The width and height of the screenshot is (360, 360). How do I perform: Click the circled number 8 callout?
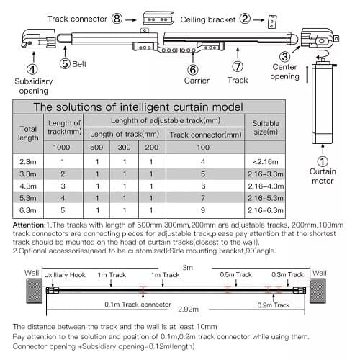(x=117, y=19)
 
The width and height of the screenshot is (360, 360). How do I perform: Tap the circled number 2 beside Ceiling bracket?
(x=245, y=19)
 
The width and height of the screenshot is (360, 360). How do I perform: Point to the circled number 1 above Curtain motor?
(x=323, y=161)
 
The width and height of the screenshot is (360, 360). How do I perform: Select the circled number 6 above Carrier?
(x=193, y=70)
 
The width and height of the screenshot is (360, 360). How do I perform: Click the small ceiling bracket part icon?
(x=272, y=22)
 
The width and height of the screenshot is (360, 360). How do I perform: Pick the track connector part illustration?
(x=158, y=18)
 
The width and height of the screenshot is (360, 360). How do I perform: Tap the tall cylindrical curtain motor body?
(x=323, y=103)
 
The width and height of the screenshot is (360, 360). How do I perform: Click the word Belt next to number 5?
(x=79, y=64)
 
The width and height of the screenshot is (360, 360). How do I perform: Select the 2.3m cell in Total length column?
(x=28, y=162)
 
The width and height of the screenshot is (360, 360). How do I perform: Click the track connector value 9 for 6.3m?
(x=203, y=210)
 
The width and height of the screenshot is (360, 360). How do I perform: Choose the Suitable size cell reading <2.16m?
(x=266, y=162)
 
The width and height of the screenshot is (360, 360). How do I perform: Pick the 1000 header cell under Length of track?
(x=61, y=147)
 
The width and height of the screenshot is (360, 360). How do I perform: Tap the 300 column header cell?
(x=124, y=147)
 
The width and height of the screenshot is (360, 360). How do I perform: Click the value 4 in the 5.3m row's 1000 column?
(x=63, y=198)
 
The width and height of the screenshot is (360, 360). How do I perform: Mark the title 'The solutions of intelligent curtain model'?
(x=138, y=107)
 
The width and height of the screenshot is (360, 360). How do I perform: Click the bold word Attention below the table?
(x=29, y=225)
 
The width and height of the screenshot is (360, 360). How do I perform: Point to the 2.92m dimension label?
(x=188, y=310)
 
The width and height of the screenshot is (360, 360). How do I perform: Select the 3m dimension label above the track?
(x=188, y=268)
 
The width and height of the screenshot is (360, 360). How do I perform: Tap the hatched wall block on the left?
(x=35, y=291)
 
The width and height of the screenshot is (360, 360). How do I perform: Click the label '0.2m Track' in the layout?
(x=274, y=305)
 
